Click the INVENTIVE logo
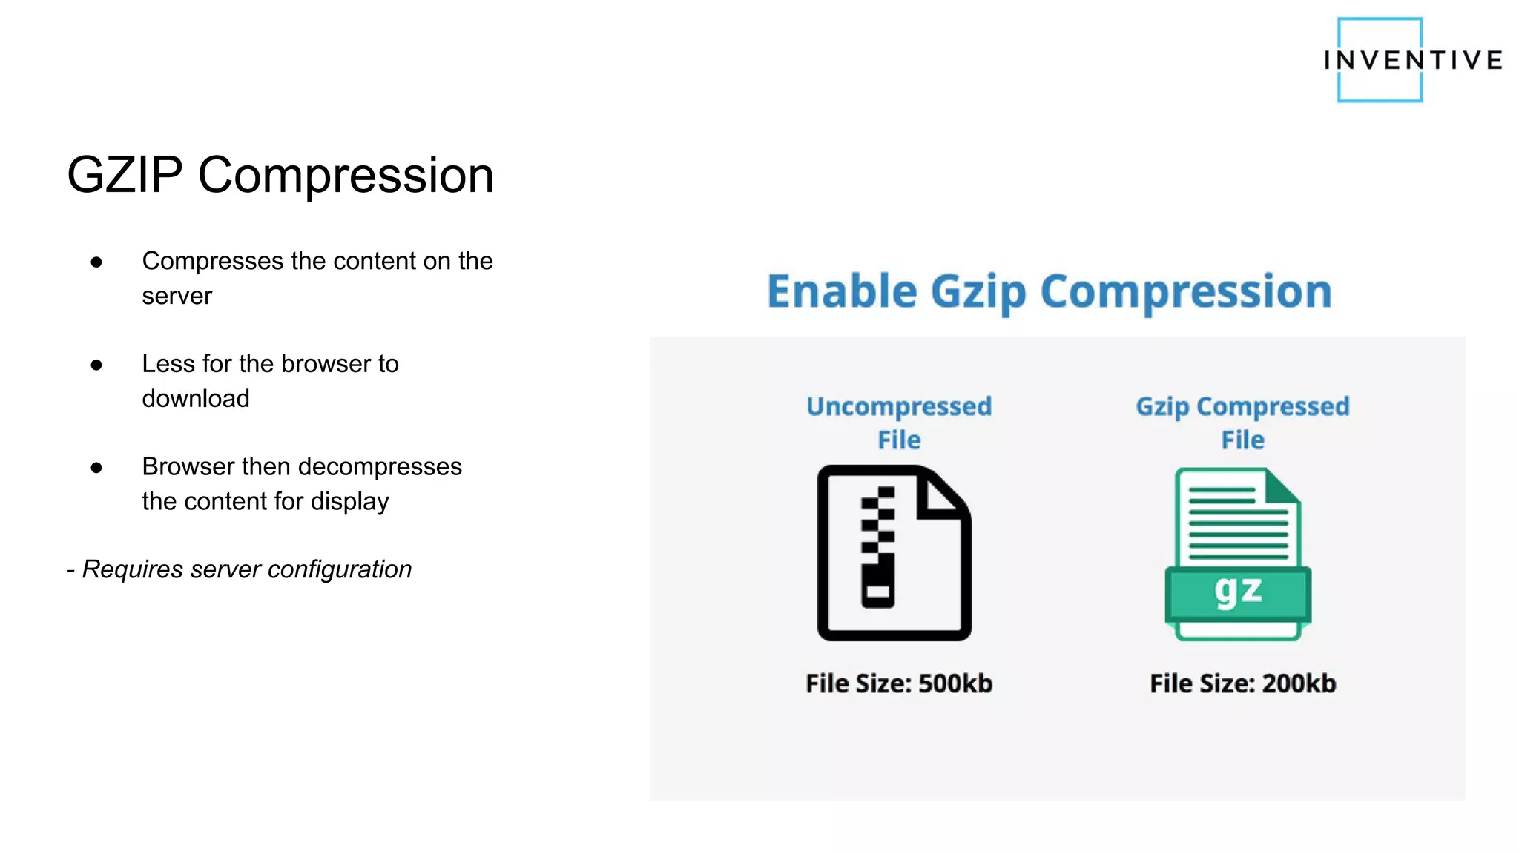(1412, 60)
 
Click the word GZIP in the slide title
(125, 176)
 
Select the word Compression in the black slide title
(346, 176)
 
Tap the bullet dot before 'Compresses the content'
(96, 262)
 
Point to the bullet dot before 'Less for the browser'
(96, 365)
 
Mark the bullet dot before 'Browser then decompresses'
(96, 468)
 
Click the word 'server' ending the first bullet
(177, 297)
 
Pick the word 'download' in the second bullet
(196, 399)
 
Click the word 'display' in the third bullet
(350, 502)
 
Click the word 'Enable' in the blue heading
(841, 291)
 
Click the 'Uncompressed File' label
(899, 423)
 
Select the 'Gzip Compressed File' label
(1242, 423)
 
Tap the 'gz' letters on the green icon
(1238, 591)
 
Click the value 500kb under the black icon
(955, 683)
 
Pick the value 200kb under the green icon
(1299, 683)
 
